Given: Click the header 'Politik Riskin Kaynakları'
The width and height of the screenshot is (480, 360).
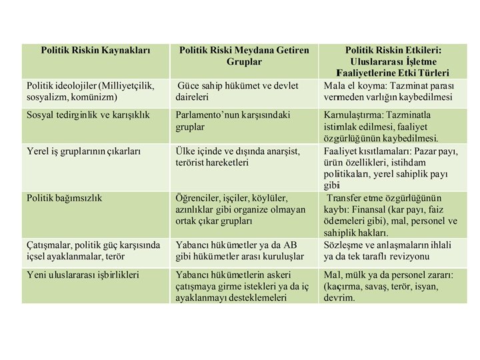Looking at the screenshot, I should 95,50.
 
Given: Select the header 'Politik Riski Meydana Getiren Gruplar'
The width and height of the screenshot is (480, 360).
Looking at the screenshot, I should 245,55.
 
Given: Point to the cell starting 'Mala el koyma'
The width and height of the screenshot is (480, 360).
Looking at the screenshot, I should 388,91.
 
